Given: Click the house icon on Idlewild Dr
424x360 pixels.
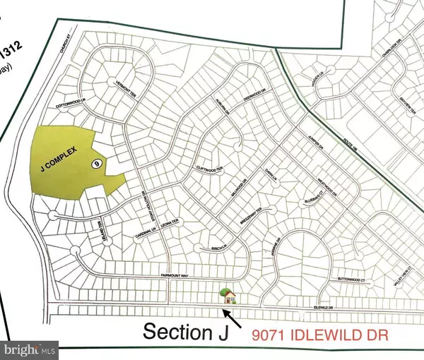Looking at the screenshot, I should point(228,295).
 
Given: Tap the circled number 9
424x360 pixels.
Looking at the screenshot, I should point(96,163).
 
